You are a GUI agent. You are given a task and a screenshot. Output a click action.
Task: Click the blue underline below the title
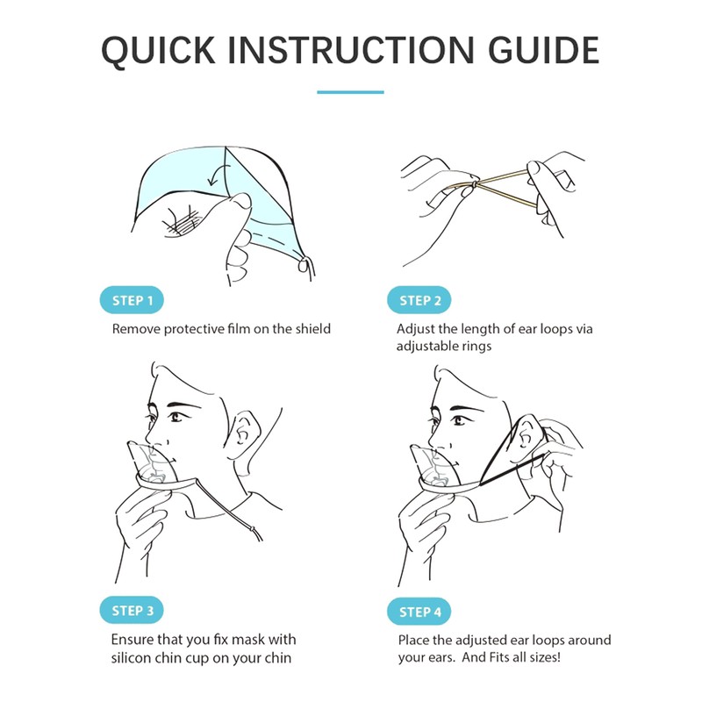(x=350, y=91)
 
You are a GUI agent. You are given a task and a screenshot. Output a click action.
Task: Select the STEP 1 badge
(x=133, y=300)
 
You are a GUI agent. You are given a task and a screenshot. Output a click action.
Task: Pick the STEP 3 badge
(x=133, y=611)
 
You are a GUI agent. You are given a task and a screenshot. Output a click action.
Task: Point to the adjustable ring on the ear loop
(x=473, y=185)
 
